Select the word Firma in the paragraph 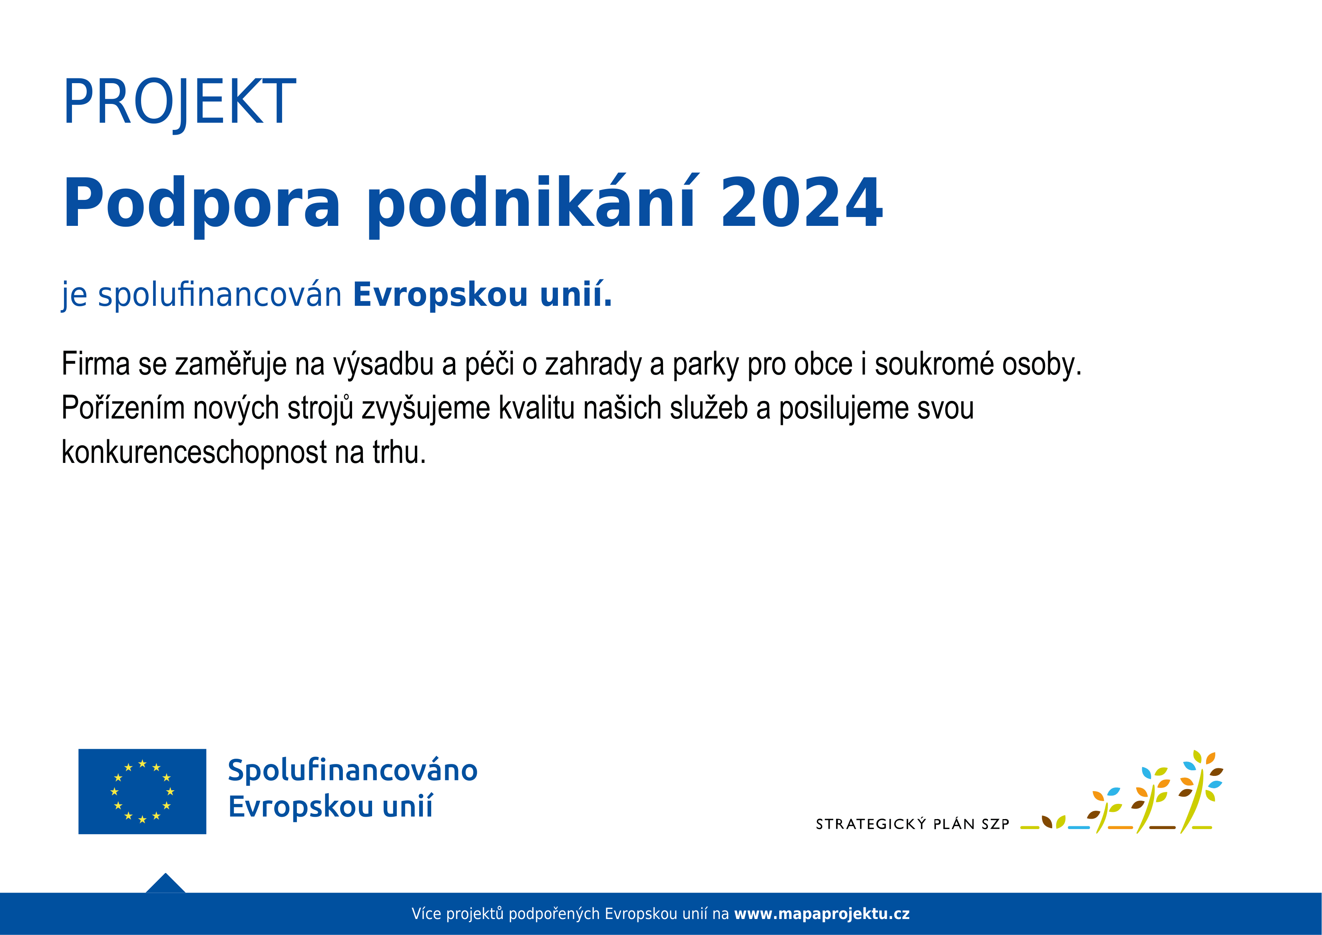pos(96,364)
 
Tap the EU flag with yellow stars pos(142,791)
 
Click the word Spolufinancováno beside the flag pos(352,770)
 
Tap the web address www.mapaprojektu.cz pos(822,914)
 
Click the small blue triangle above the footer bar pos(165,884)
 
